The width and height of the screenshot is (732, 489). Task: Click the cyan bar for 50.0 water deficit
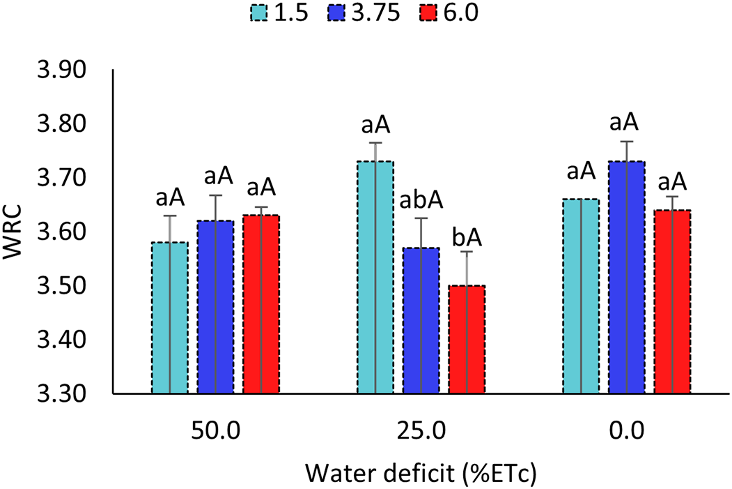170,318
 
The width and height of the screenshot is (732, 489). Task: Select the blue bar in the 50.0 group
215,307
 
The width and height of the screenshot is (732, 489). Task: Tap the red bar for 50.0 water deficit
260,304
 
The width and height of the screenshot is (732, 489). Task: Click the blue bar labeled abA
421,321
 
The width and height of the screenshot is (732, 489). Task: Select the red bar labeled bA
466,340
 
